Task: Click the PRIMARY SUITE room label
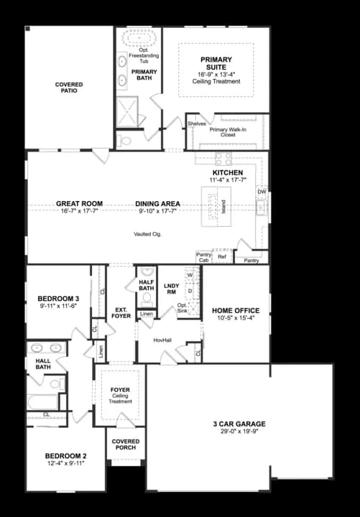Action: pyautogui.click(x=216, y=62)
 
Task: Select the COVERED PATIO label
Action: pyautogui.click(x=69, y=88)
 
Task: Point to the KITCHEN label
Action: pyautogui.click(x=226, y=172)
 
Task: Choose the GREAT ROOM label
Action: pyautogui.click(x=79, y=203)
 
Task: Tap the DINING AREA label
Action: pyautogui.click(x=157, y=203)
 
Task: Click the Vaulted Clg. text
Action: pyautogui.click(x=147, y=235)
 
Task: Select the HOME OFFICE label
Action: pyautogui.click(x=236, y=311)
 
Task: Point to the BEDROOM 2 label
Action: pyautogui.click(x=65, y=456)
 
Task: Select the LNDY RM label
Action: pyautogui.click(x=172, y=289)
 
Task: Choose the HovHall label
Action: pyautogui.click(x=162, y=340)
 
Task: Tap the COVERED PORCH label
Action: pyautogui.click(x=125, y=444)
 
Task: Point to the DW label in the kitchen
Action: pyautogui.click(x=262, y=192)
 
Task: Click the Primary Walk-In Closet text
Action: pyautogui.click(x=228, y=131)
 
